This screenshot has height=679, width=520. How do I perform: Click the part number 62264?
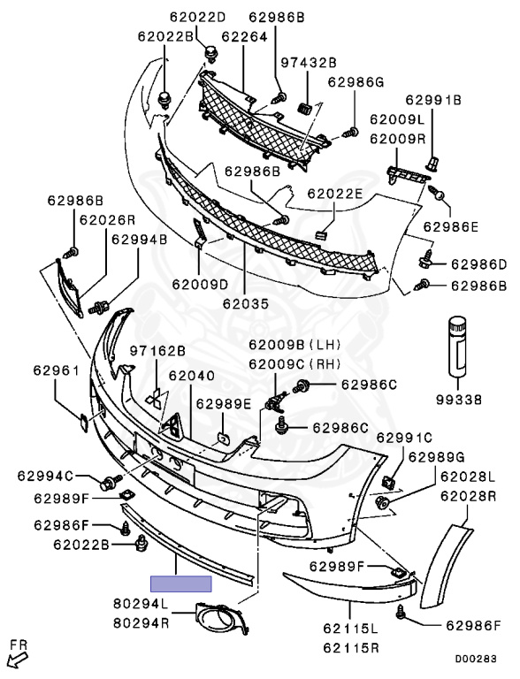244,37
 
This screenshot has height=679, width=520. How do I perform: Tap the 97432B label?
309,63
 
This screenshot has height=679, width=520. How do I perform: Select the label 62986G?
356,82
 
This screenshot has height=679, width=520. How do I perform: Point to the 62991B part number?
433,100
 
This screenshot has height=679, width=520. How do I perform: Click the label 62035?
246,303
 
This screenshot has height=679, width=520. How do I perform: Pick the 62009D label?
200,285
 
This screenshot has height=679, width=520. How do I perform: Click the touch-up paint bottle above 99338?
456,346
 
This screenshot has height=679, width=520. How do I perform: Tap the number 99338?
459,400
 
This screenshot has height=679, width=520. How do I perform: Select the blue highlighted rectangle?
181,584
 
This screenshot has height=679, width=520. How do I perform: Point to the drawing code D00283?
476,659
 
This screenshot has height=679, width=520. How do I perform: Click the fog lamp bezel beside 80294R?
222,618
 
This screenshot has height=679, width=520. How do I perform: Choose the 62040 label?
192,376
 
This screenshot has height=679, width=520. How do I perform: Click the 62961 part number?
57,370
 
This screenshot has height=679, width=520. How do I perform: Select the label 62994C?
45,476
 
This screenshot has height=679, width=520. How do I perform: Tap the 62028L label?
468,477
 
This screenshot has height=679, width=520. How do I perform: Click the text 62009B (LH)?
294,345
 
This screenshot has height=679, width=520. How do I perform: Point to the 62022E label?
334,194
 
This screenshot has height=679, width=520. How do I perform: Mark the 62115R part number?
350,648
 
